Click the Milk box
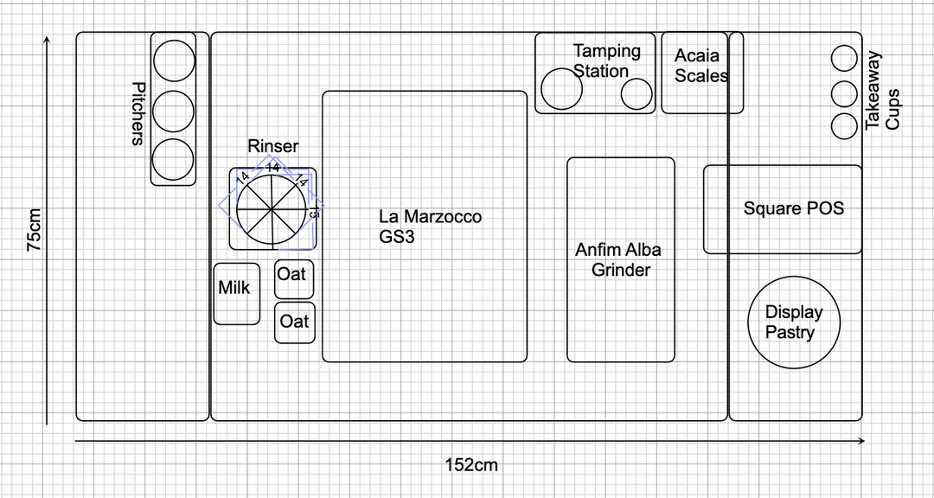point(236,294)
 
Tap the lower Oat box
point(294,322)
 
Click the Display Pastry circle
point(794,322)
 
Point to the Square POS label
point(793,208)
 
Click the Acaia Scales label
point(699,66)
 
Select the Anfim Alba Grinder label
point(619,259)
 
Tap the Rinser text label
point(272,146)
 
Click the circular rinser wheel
point(272,208)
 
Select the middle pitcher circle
point(174,110)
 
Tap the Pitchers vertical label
point(138,112)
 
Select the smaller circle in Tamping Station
point(637,94)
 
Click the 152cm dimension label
point(471,465)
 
